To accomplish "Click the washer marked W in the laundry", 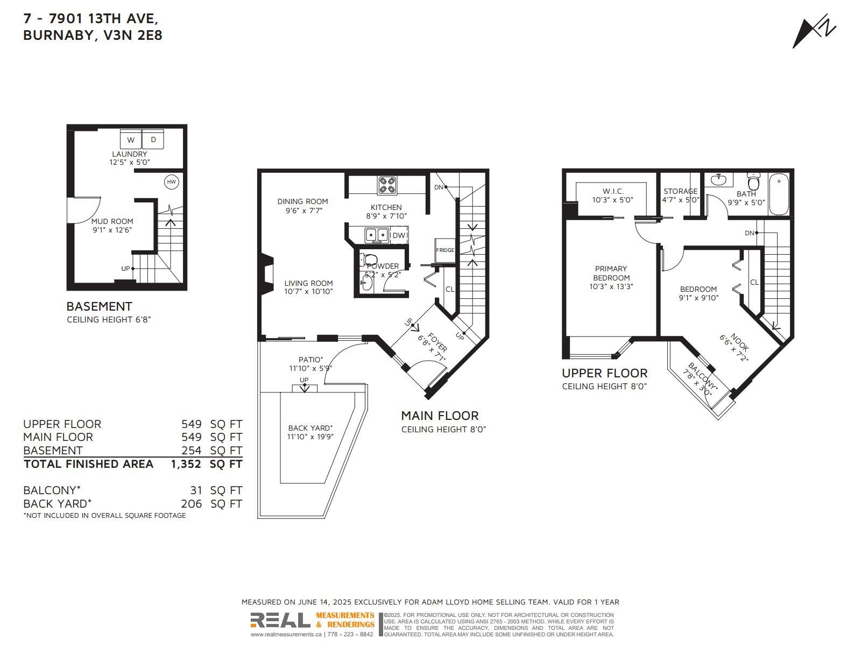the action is coord(131,139).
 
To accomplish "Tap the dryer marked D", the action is coord(153,139).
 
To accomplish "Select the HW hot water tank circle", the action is coord(172,181).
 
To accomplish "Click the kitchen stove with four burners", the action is coord(387,185).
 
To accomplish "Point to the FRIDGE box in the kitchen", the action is coord(445,250).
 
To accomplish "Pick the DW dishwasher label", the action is coord(399,235).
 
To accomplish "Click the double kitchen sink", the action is coord(377,235).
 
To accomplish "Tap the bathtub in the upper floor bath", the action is coord(779,194).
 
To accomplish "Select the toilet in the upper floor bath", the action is coord(753,181).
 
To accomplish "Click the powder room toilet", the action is coord(368,259).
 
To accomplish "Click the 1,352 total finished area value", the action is coord(186,464).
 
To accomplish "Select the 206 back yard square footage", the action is coord(191,504).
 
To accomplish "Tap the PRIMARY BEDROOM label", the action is coord(611,273).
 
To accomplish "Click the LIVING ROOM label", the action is coord(308,283).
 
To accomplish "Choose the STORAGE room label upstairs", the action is coord(680,191).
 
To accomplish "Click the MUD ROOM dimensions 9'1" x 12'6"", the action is coord(112,230).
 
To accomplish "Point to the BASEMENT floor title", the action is coord(99,306).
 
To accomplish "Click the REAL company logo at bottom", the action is coord(280,620).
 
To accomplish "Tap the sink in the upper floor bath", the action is coord(721,180).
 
